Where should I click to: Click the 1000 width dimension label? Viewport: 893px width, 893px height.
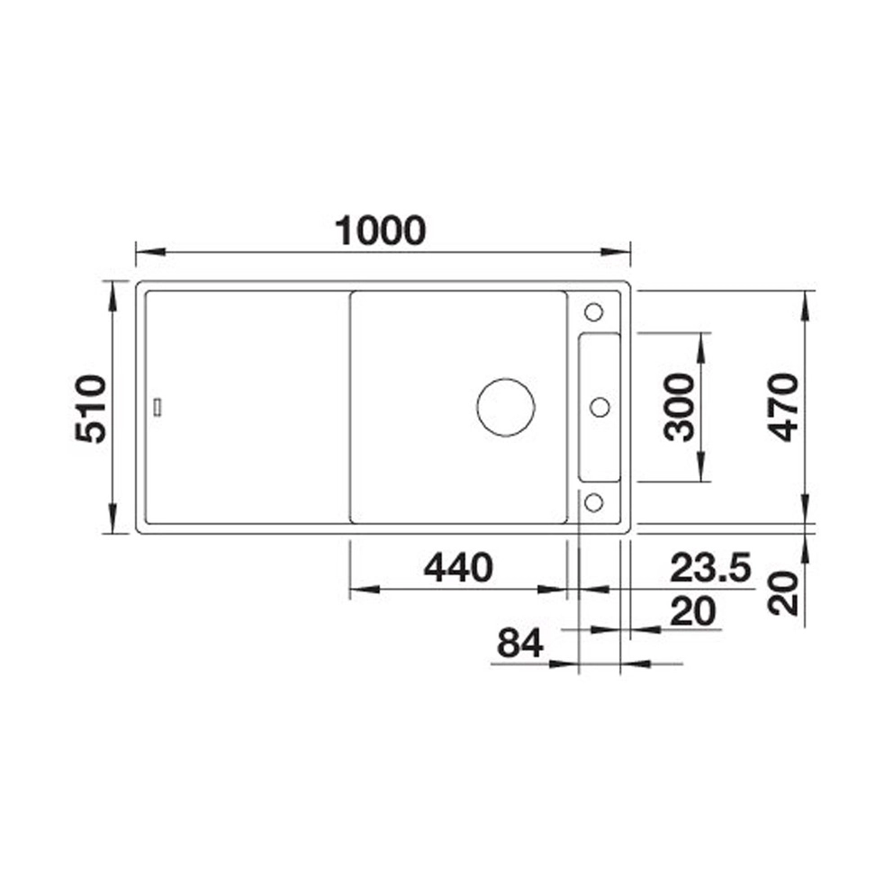380,230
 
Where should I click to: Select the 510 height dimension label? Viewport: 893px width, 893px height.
91,409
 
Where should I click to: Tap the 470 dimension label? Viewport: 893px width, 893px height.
783,407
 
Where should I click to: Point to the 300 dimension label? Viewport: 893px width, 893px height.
680,407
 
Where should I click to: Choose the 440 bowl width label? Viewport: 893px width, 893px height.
458,567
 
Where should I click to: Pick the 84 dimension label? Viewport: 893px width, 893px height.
520,644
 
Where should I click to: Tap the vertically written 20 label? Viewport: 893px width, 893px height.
783,593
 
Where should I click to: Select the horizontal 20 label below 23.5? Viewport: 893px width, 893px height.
693,611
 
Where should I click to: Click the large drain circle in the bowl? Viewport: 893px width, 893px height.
506,407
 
